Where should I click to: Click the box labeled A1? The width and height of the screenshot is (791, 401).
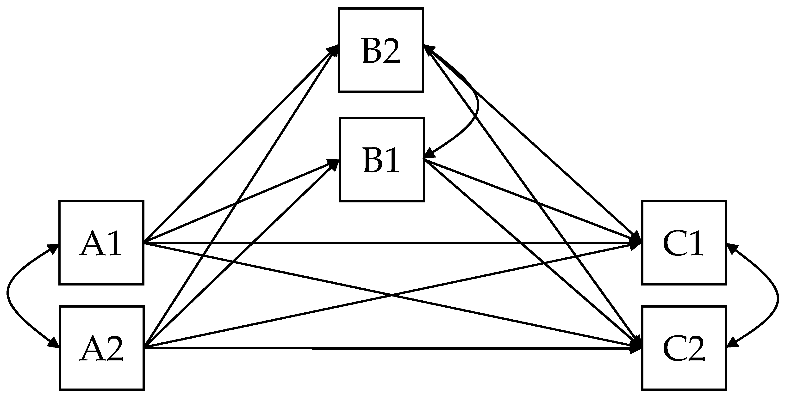101,243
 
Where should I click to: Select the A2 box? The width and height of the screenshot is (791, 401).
102,348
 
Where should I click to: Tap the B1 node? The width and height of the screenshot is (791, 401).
382,159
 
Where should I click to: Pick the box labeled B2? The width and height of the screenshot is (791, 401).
381,50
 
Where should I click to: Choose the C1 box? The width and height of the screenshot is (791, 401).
684,243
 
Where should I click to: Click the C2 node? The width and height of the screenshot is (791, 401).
684,348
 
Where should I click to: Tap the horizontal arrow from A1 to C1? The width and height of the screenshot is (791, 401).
368,243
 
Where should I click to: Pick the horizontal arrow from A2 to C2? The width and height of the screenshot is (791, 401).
368,348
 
